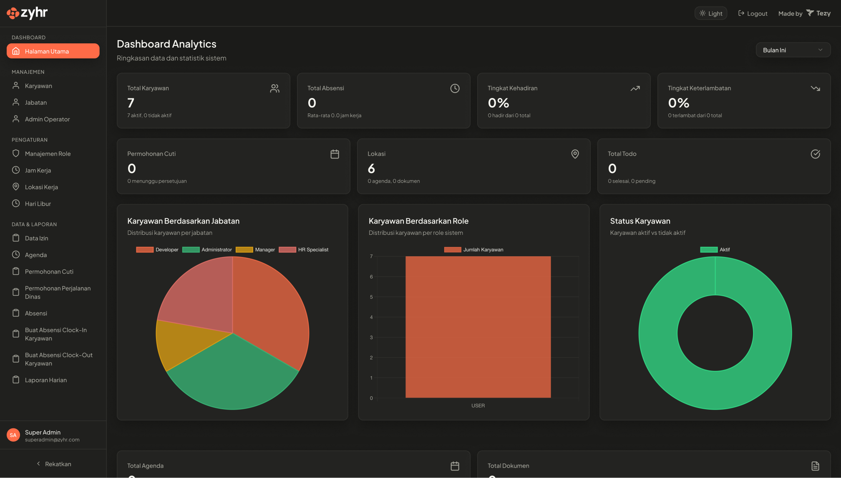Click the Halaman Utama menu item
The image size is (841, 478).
click(x=53, y=51)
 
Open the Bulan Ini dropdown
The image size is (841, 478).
click(x=793, y=50)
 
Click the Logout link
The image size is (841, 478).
click(x=753, y=13)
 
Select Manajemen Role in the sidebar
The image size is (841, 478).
click(x=48, y=153)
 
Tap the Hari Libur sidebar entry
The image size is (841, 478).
click(x=38, y=204)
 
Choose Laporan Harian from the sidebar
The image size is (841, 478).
click(x=45, y=380)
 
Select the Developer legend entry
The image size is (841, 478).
click(x=157, y=250)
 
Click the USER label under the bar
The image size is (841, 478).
click(x=478, y=405)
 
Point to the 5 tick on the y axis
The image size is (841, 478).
click(x=371, y=297)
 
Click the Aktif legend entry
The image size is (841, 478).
click(x=715, y=250)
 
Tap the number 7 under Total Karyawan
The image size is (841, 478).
click(x=131, y=103)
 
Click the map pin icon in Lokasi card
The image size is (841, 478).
click(x=575, y=154)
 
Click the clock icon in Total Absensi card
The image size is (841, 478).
click(x=455, y=88)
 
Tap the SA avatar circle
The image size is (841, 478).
click(x=13, y=435)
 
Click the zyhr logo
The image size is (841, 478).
click(x=28, y=13)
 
